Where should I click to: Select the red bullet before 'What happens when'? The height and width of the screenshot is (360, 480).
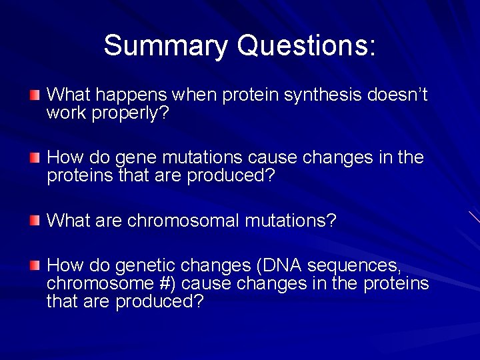(x=35, y=96)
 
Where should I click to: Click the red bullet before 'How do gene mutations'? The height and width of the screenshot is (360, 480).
(x=35, y=158)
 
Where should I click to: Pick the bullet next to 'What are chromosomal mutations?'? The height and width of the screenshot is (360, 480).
(x=35, y=220)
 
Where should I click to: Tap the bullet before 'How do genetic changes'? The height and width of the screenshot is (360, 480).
(x=35, y=266)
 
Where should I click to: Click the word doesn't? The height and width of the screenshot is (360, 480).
(x=397, y=95)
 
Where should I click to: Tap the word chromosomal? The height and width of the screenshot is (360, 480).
(x=183, y=220)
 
